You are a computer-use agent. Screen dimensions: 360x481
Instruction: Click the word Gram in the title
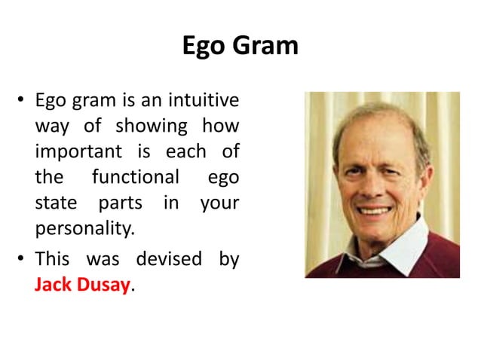(269, 47)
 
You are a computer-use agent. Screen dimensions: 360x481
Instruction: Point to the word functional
(135, 177)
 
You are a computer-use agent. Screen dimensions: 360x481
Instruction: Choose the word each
(185, 151)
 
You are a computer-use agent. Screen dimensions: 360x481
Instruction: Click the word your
(219, 203)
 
